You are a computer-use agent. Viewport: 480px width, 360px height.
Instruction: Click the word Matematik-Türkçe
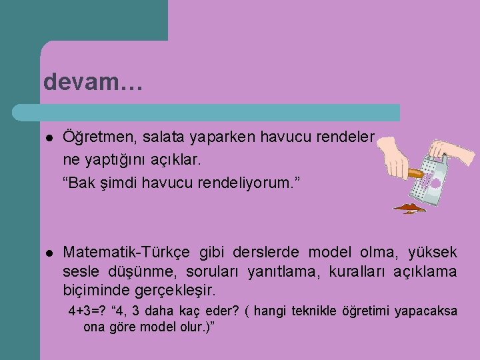127,252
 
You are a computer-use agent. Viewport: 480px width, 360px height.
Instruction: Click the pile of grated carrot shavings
409,209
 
